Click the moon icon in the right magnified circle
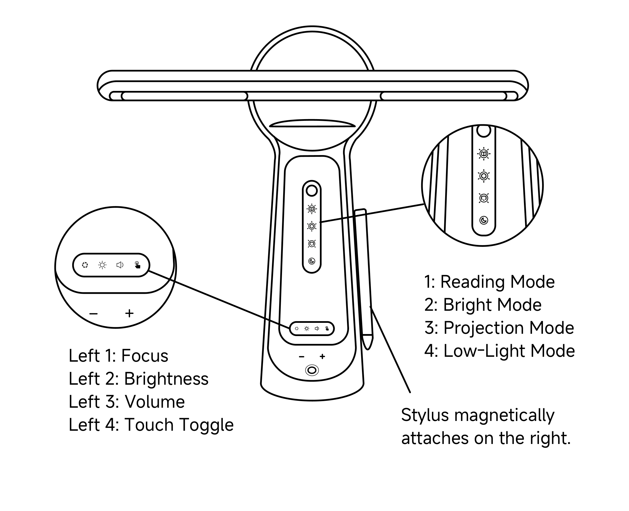click(484, 220)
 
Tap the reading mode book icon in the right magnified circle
click(484, 154)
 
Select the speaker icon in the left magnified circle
click(120, 265)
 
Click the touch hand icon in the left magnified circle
click(138, 265)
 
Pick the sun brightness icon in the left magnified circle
click(102, 265)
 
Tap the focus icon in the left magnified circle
click(85, 265)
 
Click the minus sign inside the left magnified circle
click(94, 314)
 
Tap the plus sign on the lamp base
click(322, 356)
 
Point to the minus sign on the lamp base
click(301, 357)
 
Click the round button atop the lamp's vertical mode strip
click(312, 191)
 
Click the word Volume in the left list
click(155, 402)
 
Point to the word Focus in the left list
click(144, 356)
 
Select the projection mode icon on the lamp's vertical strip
click(312, 244)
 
